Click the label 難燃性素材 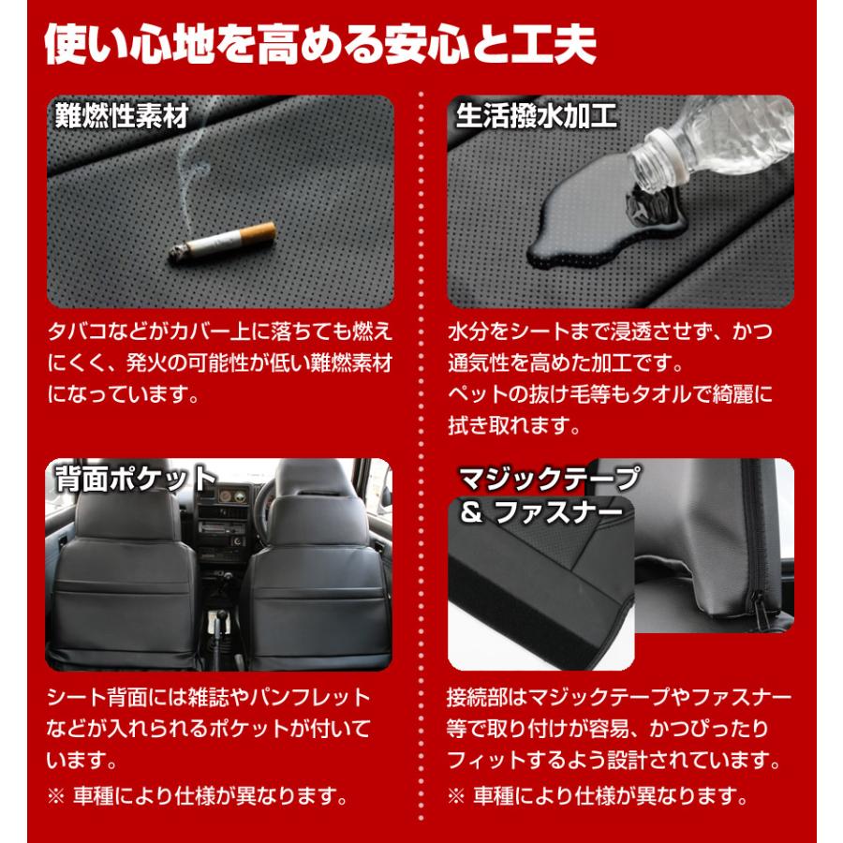point(122,117)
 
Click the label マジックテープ point(549,479)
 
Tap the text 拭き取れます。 point(511,425)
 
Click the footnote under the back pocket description point(198,798)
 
